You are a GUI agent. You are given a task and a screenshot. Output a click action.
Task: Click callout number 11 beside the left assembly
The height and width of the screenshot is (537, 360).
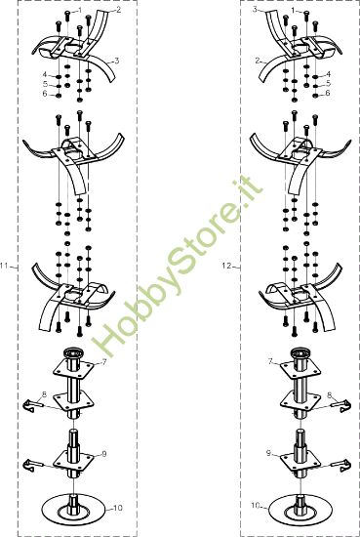click(x=4, y=267)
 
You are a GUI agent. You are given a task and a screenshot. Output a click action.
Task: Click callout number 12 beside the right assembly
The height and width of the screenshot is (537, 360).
click(x=226, y=266)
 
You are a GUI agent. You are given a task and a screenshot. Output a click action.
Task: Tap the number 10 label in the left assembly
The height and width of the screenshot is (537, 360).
click(x=117, y=508)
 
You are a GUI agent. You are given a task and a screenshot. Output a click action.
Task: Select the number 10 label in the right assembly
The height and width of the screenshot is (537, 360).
click(x=256, y=505)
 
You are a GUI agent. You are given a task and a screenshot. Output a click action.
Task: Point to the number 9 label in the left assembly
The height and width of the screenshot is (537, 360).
click(x=104, y=454)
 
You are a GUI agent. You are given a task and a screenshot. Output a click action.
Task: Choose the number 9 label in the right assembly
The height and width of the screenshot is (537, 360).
click(x=268, y=453)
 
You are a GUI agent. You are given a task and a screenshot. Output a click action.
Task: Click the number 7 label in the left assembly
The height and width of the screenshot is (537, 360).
click(x=104, y=362)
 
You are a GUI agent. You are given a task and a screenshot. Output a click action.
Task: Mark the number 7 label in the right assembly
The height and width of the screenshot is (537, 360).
click(x=270, y=361)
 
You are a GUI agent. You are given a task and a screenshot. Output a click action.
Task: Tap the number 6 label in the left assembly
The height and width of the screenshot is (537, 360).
click(x=45, y=94)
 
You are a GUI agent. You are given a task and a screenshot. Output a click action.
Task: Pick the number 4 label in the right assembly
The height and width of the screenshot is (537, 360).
click(x=329, y=74)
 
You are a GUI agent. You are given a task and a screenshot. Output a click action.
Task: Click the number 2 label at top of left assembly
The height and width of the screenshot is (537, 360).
click(x=118, y=10)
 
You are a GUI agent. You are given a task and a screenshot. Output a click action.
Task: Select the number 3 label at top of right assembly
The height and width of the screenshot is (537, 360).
click(x=255, y=10)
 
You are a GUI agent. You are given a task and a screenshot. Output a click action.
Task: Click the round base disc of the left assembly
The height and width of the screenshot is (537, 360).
click(x=73, y=511)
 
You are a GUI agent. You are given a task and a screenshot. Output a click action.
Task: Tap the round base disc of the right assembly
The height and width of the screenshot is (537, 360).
click(x=300, y=511)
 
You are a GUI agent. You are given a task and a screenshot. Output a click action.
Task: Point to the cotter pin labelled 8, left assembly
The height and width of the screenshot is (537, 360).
click(x=33, y=405)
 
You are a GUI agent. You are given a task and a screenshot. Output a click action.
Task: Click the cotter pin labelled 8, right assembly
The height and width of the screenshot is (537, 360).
click(x=340, y=405)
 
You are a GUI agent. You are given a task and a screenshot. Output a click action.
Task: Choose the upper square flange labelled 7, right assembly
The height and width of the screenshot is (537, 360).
click(x=300, y=369)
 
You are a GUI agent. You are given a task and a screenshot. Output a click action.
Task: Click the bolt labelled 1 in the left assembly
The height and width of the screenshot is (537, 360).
click(x=67, y=16)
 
